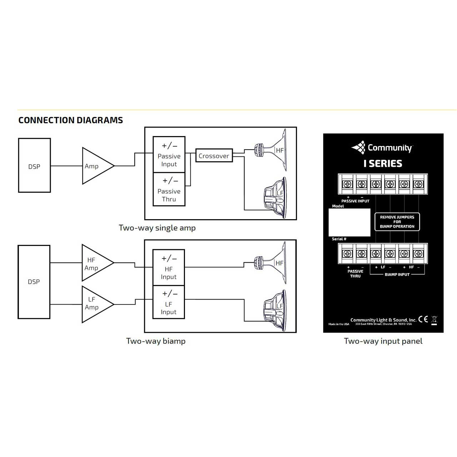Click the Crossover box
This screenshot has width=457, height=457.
pos(214,156)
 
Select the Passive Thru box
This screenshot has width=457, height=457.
pos(169,189)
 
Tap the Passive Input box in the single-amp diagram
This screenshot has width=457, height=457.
pos(169,154)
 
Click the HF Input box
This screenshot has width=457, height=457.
pos(169,267)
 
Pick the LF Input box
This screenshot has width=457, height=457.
pos(169,302)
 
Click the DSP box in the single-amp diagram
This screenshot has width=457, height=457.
pos(34,165)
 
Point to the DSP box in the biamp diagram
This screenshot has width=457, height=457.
pos(34,282)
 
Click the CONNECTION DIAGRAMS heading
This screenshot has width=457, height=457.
pos(71,120)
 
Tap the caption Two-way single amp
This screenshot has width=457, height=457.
pos(157,228)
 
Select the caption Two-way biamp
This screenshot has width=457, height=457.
pos(156,341)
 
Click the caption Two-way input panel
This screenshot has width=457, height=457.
pos(383,341)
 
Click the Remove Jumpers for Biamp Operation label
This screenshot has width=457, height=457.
pos(397,222)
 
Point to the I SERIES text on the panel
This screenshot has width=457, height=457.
pos(383,164)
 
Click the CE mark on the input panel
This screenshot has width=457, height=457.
pos(423,319)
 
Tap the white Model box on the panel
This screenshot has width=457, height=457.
pos(349,222)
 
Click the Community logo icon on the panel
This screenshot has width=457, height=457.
pos(358,147)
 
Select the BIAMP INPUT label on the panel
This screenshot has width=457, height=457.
pos(397,275)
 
